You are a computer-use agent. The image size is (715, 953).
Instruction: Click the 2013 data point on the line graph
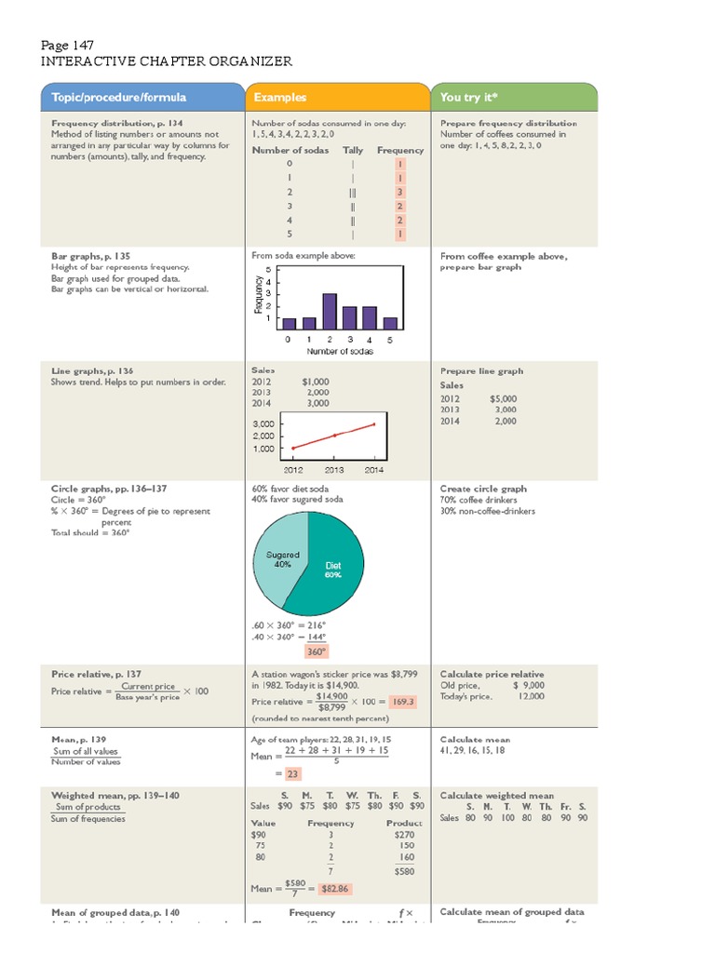pyautogui.click(x=334, y=436)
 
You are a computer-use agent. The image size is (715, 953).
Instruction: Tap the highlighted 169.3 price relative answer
pyautogui.click(x=403, y=701)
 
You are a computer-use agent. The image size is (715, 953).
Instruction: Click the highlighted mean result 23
pyautogui.click(x=293, y=773)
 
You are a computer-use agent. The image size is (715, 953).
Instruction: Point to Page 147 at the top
pyautogui.click(x=66, y=45)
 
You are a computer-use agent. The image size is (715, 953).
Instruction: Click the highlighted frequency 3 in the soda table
pyautogui.click(x=399, y=192)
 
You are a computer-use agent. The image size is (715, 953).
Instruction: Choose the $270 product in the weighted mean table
pyautogui.click(x=404, y=836)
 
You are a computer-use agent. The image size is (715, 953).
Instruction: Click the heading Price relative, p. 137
pyautogui.click(x=96, y=673)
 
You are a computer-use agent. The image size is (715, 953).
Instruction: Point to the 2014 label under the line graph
pyautogui.click(x=373, y=470)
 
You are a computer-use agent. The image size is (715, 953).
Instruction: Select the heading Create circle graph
pyautogui.click(x=483, y=489)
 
